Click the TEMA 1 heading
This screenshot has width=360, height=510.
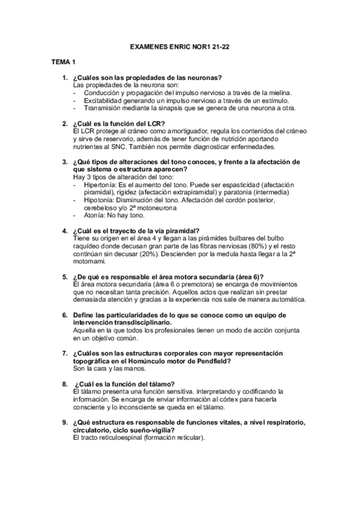[63, 62]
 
